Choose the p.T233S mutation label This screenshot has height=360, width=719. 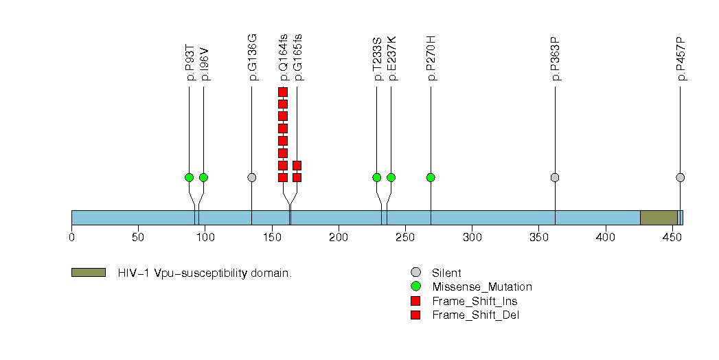point(378,63)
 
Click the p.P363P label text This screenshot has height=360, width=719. point(556,63)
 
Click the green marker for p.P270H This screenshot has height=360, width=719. point(431,177)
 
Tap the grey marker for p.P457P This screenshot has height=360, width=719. point(680,177)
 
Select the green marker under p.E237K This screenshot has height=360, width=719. point(391,177)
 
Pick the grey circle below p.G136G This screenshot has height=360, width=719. point(251,177)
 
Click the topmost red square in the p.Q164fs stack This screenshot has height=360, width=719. point(282,92)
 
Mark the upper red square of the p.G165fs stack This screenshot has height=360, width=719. point(297,165)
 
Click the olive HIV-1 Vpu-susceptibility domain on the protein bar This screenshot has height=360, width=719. point(659,218)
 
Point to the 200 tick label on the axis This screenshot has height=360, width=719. point(339,238)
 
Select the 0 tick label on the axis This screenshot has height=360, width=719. point(71,238)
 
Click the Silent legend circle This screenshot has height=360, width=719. point(415,273)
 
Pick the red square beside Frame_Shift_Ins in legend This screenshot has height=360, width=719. point(415,301)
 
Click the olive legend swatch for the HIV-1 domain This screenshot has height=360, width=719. point(88,273)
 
